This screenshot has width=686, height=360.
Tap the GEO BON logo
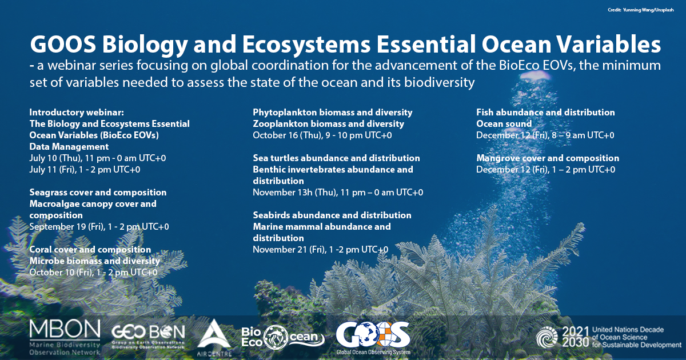coord(149,337)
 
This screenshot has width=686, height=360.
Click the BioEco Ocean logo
coord(282,337)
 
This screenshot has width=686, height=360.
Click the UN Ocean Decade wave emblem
coord(547,337)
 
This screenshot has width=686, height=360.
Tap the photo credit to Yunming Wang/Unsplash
coord(641,10)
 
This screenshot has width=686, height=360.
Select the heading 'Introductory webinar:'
coord(77,113)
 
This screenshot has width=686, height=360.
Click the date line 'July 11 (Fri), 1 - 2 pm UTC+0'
coord(85,170)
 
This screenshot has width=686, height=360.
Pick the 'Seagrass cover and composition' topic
coord(98,192)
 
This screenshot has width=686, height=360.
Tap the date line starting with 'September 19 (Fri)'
coord(99,227)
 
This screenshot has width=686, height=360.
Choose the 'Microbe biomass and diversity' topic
coord(95,261)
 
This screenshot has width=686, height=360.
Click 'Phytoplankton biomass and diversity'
coord(333,113)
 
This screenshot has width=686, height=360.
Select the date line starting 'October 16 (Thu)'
coord(322,135)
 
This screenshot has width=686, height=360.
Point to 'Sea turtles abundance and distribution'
coord(336,158)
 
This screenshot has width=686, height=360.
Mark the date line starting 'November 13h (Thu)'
coord(338,193)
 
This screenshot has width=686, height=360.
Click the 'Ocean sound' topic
coord(504,123)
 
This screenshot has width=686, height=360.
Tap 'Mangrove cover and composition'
coord(548,158)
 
